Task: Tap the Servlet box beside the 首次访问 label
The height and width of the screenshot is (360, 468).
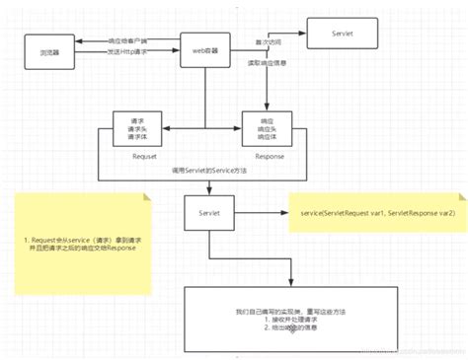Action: pyautogui.click(x=341, y=33)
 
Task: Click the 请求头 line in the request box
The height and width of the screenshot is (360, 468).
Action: pyautogui.click(x=138, y=128)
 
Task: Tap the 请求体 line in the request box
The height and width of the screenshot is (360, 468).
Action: pyautogui.click(x=138, y=137)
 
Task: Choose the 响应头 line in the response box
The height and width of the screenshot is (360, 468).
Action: pyautogui.click(x=268, y=128)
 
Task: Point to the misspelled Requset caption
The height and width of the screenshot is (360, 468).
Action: pyautogui.click(x=139, y=155)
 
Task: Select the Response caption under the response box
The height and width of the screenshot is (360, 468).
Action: pyautogui.click(x=268, y=155)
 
